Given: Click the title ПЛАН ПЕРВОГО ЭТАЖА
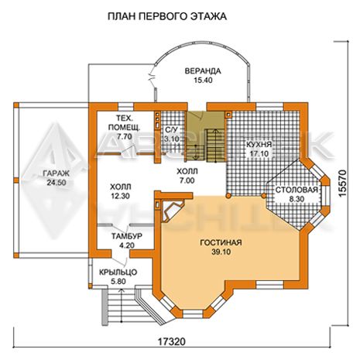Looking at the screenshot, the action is [167, 16].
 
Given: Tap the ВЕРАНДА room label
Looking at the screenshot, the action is [203, 71].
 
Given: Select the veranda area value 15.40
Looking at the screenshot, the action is [203, 81].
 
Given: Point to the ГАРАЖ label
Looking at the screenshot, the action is [57, 173].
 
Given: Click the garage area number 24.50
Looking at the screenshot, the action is [57, 183].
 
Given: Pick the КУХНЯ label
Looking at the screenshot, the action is [259, 144].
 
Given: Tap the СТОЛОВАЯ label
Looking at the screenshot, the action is [297, 190].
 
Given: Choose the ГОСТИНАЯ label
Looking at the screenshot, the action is [221, 242].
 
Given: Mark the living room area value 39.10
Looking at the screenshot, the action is [221, 252].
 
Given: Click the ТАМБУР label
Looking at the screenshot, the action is [127, 236].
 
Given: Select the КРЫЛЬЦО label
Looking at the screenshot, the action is [118, 272].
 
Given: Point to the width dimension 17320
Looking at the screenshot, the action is [171, 342].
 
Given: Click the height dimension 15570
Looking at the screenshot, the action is [342, 183].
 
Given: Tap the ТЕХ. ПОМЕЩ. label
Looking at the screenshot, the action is [125, 122].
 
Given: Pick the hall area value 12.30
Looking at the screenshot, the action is [120, 196].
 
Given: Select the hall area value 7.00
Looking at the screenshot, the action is [187, 180].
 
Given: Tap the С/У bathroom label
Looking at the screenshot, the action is [171, 129].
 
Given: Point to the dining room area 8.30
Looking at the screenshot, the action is [297, 199].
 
